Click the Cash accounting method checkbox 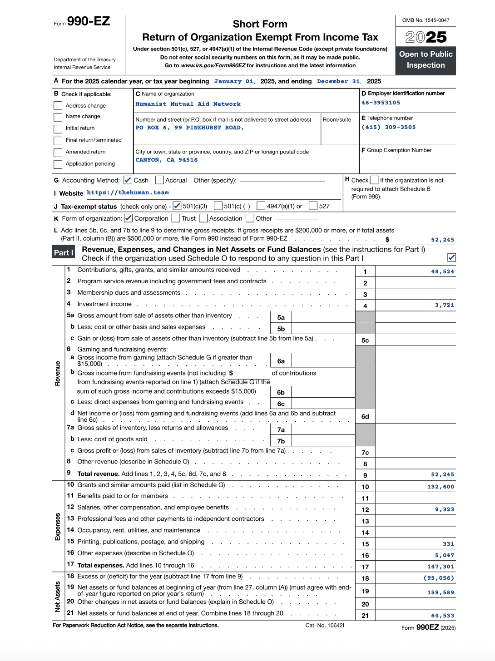[128, 180]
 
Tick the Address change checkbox [58, 105]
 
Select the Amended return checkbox [58, 152]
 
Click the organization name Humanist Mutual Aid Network [188, 104]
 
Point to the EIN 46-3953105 [381, 103]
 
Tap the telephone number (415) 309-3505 [388, 127]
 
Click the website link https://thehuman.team [128, 192]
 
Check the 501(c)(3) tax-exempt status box [177, 206]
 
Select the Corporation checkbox [129, 218]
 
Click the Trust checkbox [176, 218]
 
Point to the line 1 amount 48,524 [442, 271]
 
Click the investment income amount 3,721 [444, 305]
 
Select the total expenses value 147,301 [441, 567]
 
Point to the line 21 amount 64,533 [442, 616]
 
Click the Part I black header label [64, 253]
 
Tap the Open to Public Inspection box [426, 60]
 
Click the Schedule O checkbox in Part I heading [451, 257]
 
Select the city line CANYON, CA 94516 [166, 160]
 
